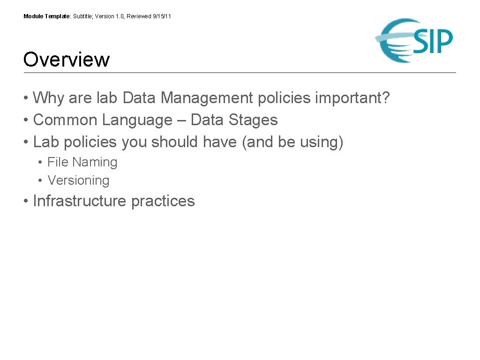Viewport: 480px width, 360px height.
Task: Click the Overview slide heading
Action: [x=66, y=60]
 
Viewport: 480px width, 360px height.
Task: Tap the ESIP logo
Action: [x=414, y=40]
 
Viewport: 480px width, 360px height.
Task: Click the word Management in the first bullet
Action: [x=208, y=98]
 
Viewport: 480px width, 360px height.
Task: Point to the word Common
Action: [x=65, y=120]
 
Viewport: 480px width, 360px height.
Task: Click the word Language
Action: [x=137, y=120]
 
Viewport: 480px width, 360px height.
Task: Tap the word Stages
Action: [x=253, y=120]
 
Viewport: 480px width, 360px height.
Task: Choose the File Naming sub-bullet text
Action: [x=82, y=162]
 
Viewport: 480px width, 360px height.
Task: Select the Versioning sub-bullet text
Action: [x=78, y=180]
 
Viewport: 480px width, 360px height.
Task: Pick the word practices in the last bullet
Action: [x=163, y=201]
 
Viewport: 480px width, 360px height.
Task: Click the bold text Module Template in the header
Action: [x=46, y=16]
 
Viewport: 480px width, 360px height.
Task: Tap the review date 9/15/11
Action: [x=162, y=16]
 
